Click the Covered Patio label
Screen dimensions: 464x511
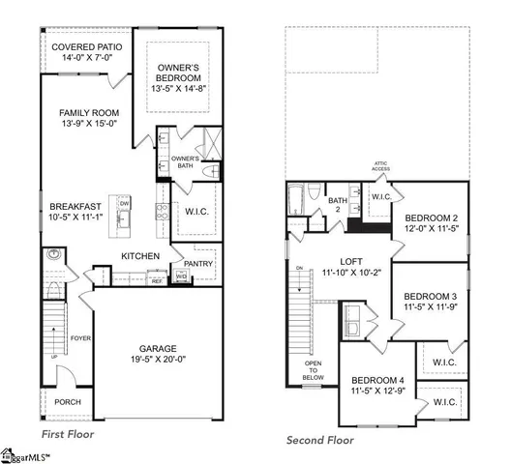click(x=85, y=46)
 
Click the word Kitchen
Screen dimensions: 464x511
click(x=140, y=255)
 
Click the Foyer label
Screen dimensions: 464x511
click(x=80, y=338)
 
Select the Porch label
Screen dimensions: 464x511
click(x=68, y=402)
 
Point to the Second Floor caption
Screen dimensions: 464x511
click(x=319, y=440)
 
